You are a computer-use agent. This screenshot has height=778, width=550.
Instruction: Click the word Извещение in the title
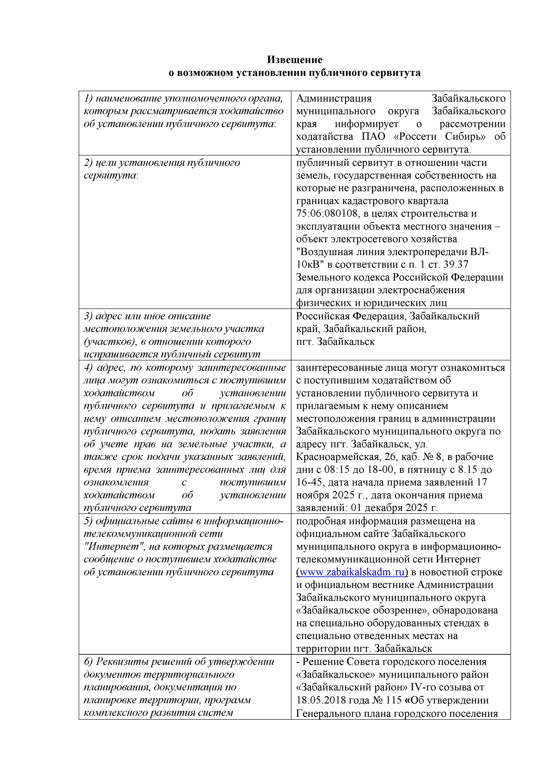295,60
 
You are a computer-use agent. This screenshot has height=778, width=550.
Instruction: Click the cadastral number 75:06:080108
327,214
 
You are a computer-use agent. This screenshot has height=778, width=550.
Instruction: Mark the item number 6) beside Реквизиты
88,662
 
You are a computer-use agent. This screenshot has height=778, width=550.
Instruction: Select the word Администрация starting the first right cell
334,99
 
